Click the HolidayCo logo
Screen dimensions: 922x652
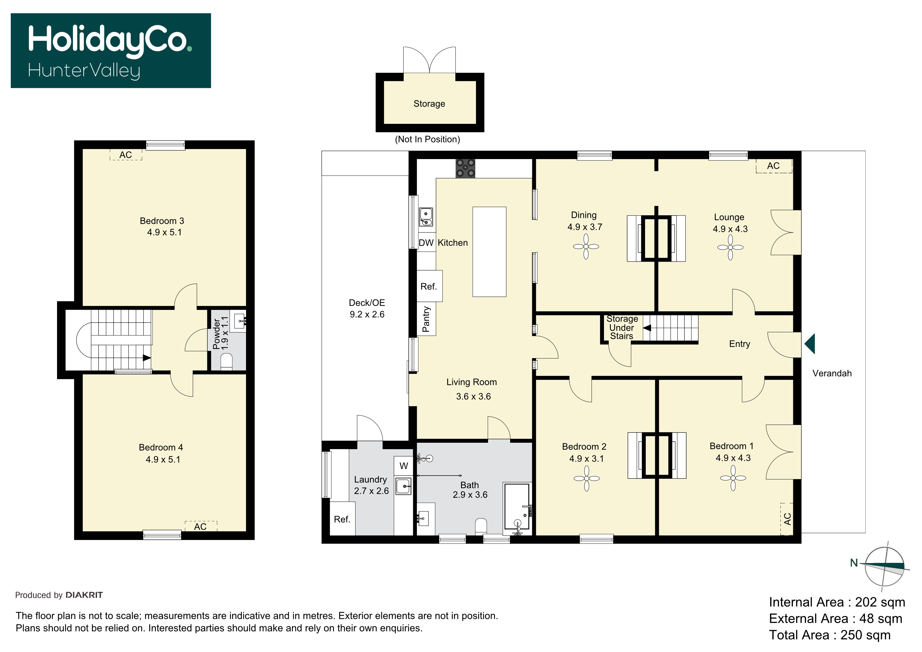coord(111,51)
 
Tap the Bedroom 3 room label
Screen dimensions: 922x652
coord(162,221)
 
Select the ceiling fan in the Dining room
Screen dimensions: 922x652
coord(586,247)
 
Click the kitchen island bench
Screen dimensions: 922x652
coord(489,252)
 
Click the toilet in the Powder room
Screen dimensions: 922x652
coord(227,361)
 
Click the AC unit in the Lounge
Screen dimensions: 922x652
coord(774,166)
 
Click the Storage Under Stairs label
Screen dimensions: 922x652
coord(622,327)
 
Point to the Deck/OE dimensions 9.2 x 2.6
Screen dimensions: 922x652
coord(367,314)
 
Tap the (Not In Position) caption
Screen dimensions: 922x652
coord(428,139)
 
